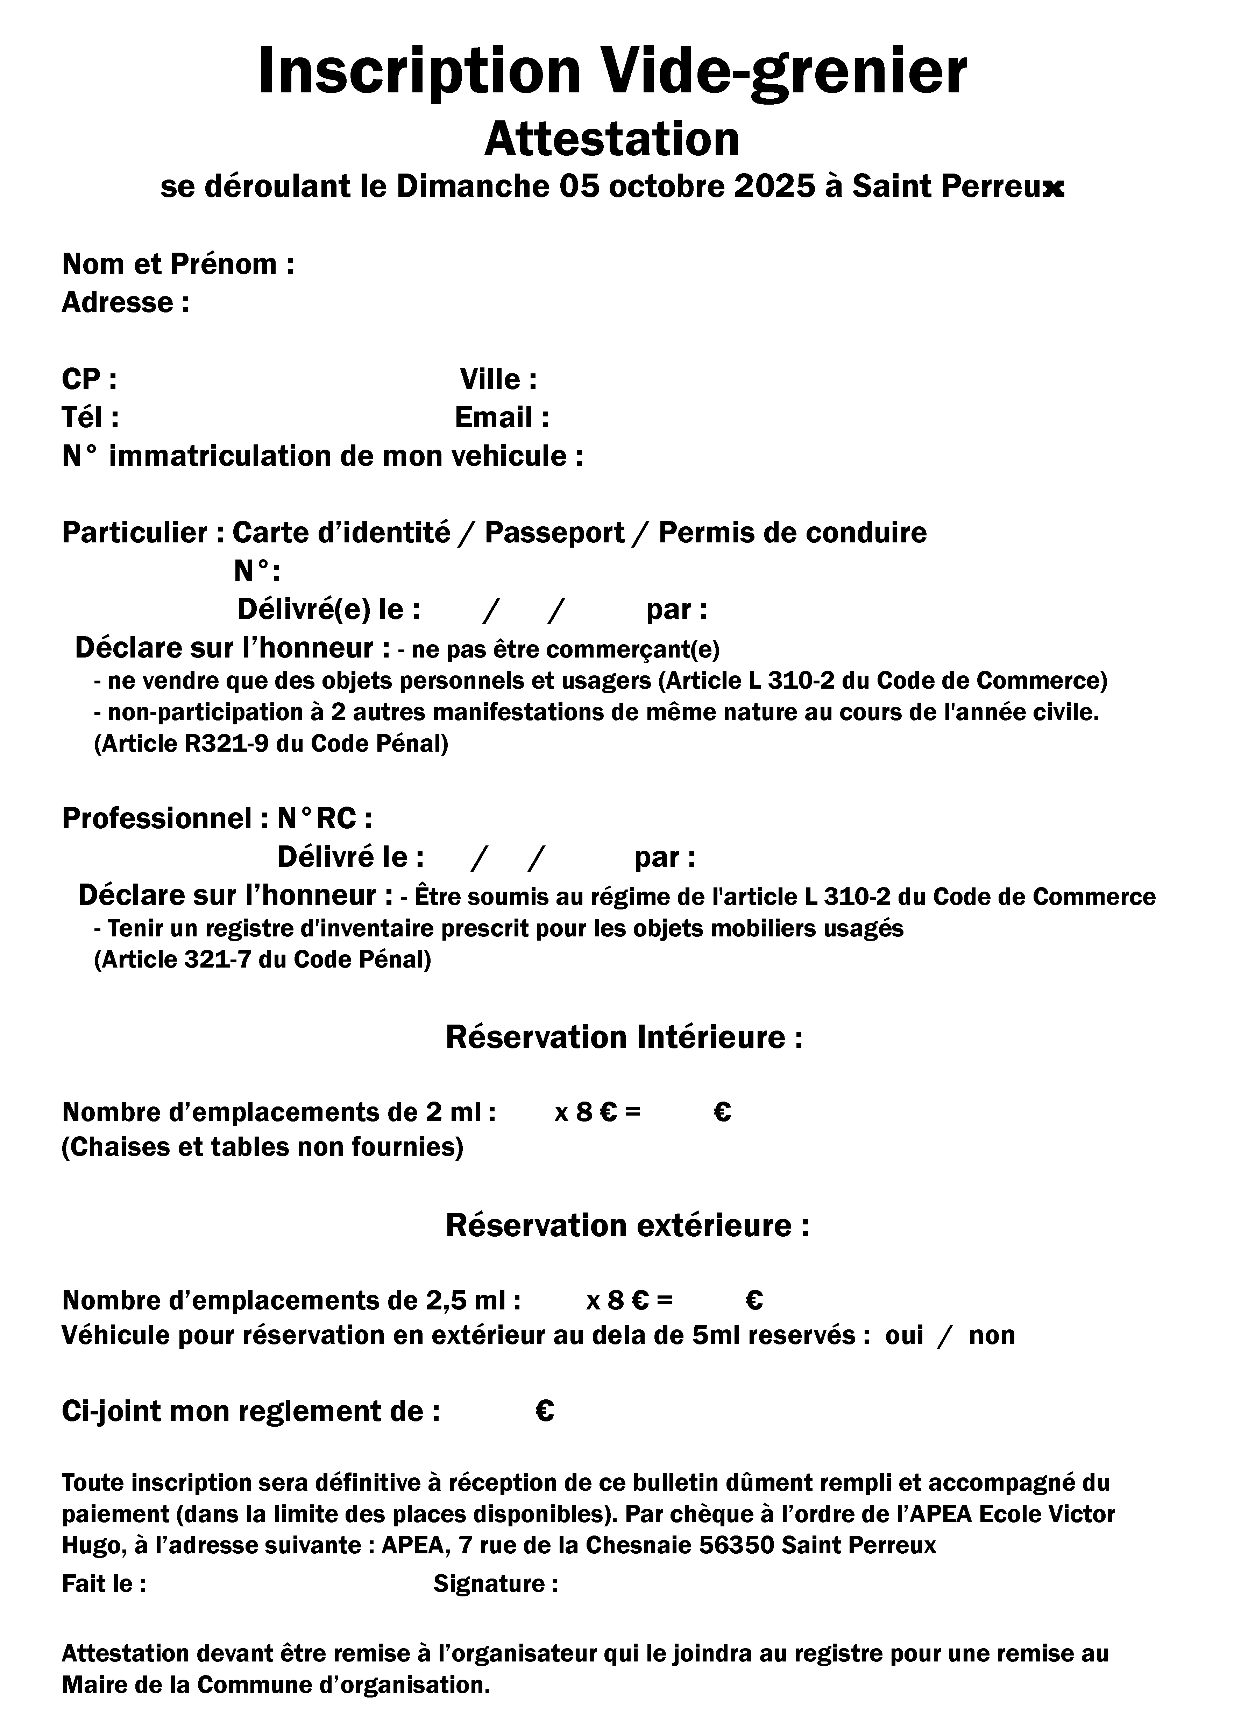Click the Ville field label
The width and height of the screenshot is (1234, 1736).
pyautogui.click(x=498, y=379)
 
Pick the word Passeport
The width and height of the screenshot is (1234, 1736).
pyautogui.click(x=554, y=533)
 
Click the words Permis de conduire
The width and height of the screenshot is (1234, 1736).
pyautogui.click(x=793, y=533)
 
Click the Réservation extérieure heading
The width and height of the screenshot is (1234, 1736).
pyautogui.click(x=627, y=1225)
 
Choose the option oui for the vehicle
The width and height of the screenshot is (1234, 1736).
pyautogui.click(x=903, y=1335)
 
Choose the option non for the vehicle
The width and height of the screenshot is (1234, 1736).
pyautogui.click(x=992, y=1335)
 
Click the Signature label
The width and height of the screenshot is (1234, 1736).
pyautogui.click(x=495, y=1584)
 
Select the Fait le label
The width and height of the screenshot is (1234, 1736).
pyautogui.click(x=103, y=1584)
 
